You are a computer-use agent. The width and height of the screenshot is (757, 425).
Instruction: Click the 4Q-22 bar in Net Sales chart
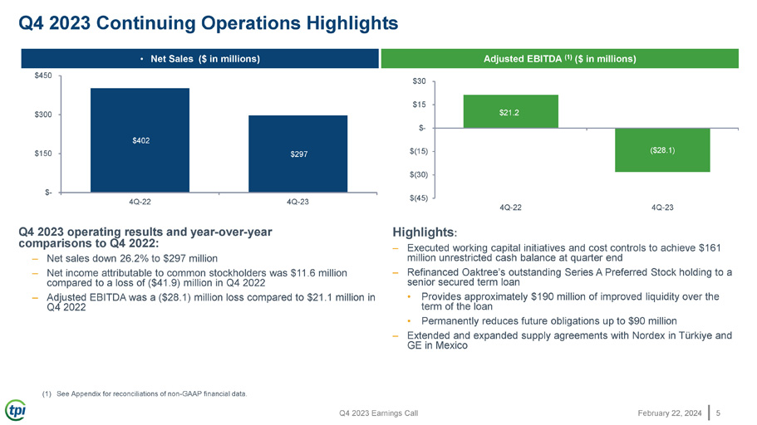click(140, 140)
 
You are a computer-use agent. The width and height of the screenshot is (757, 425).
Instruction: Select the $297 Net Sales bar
click(297, 154)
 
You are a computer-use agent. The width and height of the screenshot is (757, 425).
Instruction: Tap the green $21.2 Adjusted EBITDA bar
click(511, 111)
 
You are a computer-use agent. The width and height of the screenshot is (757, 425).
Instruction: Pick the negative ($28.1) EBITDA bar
click(662, 150)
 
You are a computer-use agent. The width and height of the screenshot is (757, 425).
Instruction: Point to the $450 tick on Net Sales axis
click(43, 76)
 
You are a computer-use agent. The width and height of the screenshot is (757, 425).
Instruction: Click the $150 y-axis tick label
click(43, 154)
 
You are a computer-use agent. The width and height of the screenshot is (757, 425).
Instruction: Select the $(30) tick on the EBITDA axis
click(419, 174)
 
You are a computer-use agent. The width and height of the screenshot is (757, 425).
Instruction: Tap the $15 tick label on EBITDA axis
click(419, 105)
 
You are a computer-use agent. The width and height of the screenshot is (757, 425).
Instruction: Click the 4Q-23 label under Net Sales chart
click(297, 202)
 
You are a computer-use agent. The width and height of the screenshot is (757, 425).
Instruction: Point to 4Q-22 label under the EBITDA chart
click(510, 208)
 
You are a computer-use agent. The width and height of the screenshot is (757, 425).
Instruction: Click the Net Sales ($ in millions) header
click(200, 59)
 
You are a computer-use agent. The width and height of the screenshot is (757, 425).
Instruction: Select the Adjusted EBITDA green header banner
click(560, 59)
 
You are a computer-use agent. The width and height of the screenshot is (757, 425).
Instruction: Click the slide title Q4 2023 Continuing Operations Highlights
click(208, 22)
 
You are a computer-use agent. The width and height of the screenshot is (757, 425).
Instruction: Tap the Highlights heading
click(425, 232)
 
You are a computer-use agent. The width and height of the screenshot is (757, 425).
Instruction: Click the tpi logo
click(16, 411)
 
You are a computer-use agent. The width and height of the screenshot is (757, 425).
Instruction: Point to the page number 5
click(718, 413)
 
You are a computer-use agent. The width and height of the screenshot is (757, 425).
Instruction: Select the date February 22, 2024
click(670, 413)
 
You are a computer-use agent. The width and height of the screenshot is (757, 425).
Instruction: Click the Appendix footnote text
click(151, 393)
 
